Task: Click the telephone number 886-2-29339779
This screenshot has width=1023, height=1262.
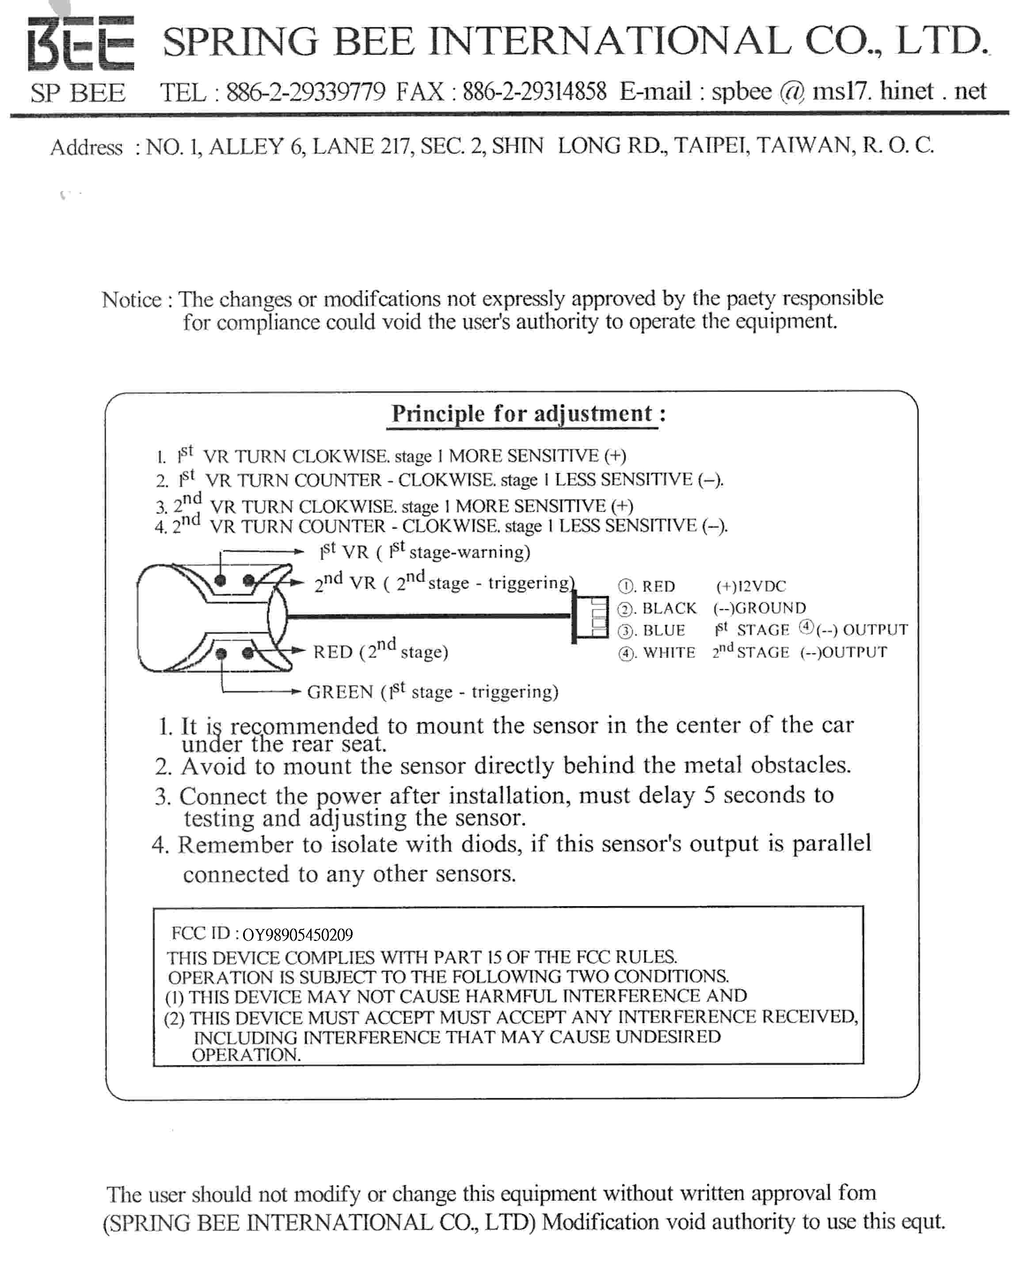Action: [306, 92]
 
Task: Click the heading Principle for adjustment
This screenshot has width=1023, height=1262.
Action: [522, 413]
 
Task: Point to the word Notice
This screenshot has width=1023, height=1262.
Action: [131, 299]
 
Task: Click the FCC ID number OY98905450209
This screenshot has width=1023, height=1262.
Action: [297, 935]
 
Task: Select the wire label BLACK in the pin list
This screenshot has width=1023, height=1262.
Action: [669, 608]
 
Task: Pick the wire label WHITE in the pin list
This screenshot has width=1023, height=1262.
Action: [669, 653]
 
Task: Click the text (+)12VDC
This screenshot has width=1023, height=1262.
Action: [751, 586]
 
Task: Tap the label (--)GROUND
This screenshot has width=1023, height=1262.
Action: [759, 608]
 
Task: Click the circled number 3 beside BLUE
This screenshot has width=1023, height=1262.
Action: [625, 631]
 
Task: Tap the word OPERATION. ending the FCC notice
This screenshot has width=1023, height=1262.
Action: [246, 1055]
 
